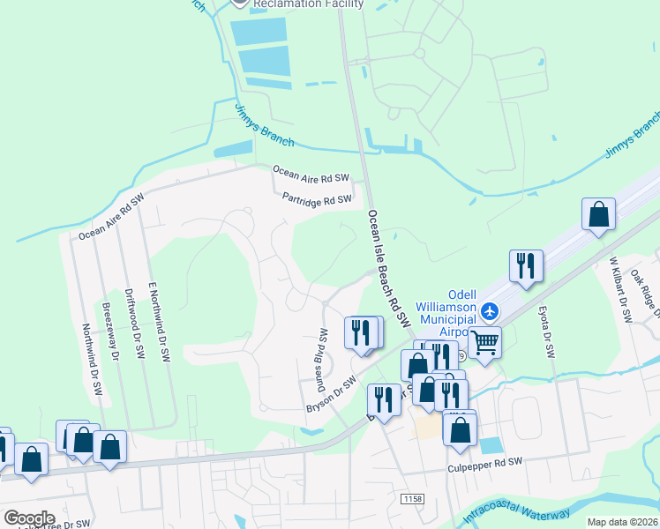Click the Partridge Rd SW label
click(x=317, y=200)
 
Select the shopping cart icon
click(x=484, y=341)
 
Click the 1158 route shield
click(x=412, y=499)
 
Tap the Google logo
click(x=29, y=518)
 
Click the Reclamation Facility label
click(x=308, y=4)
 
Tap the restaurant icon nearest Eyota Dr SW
click(x=526, y=265)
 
